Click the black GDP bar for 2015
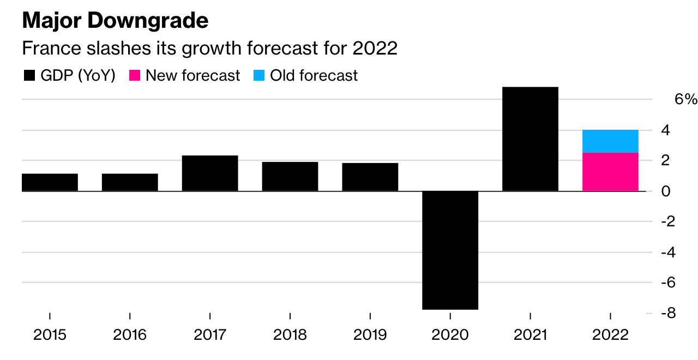(50, 182)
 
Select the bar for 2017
(210, 173)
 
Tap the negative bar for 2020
(450, 250)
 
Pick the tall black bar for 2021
(530, 139)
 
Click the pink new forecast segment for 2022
(610, 172)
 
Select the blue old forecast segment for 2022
(610, 141)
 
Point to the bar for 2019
(370, 177)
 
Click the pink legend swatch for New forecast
(135, 76)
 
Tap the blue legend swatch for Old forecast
(260, 76)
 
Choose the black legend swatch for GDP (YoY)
(29, 76)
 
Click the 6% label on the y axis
(685, 100)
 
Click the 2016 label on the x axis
(130, 334)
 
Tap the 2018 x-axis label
(290, 334)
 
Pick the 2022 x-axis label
(610, 334)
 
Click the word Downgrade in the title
(148, 21)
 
